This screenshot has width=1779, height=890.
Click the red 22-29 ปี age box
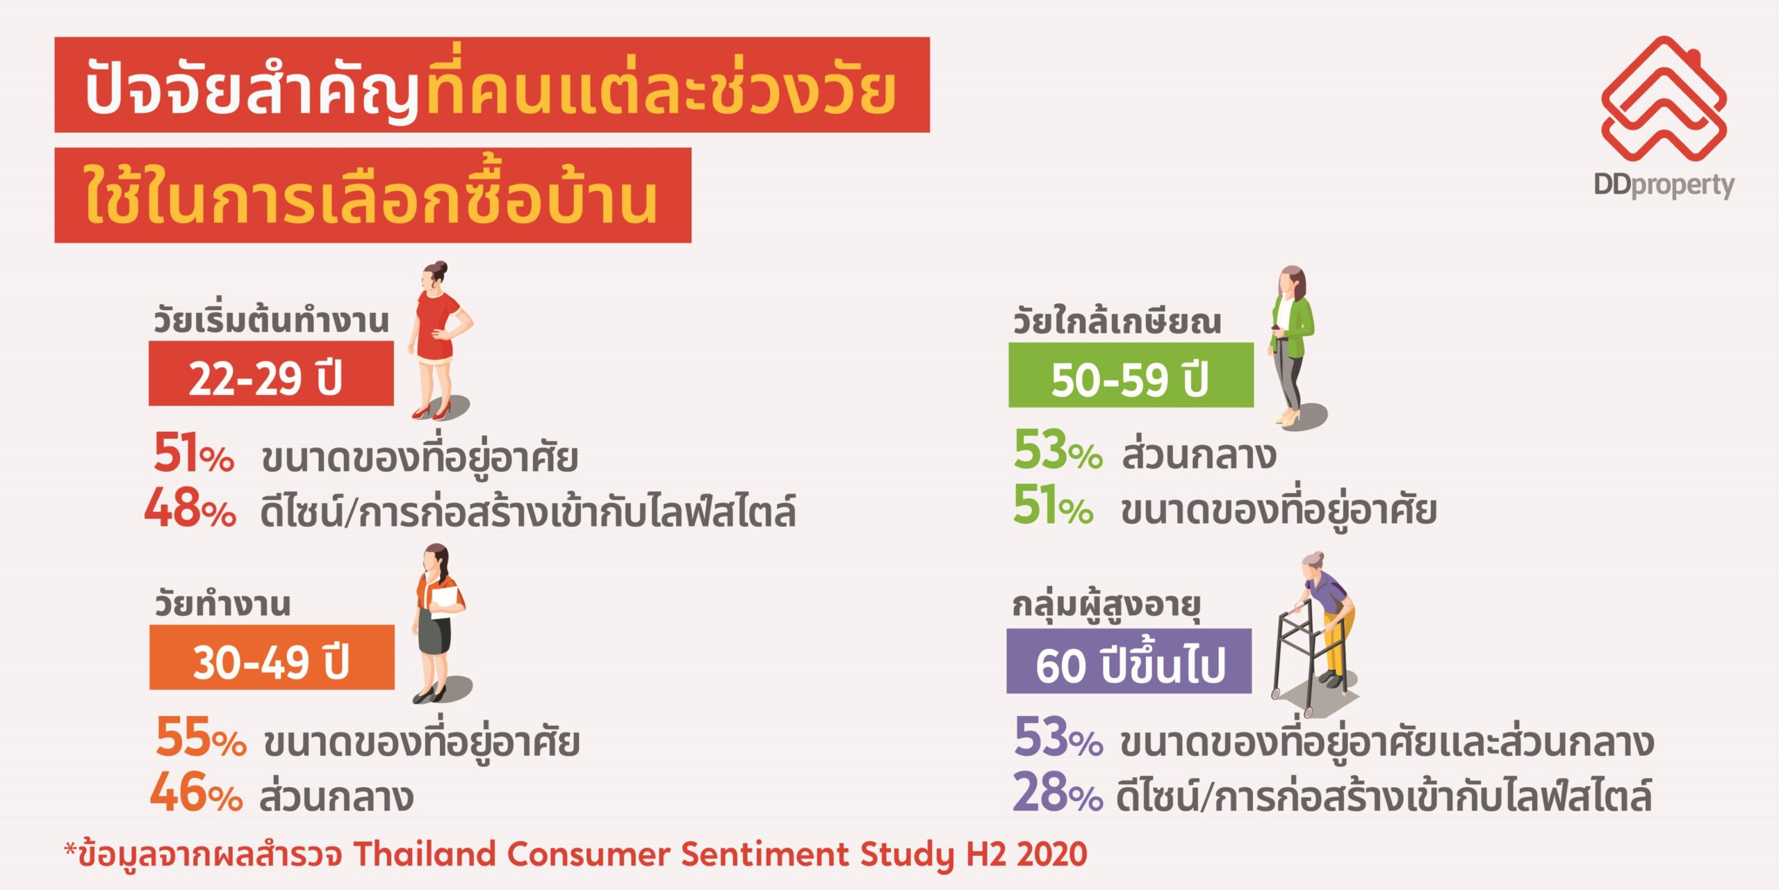271,373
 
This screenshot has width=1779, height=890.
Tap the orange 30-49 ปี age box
272,657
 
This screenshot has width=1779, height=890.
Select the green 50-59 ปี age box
1131,375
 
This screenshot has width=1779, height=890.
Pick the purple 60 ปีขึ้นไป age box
1129,661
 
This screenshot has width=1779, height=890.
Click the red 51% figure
194,453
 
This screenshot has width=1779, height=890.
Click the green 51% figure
1053,505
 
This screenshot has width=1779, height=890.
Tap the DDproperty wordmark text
1664,186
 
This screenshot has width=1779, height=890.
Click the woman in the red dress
439,341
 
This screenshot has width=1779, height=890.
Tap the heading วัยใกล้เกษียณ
1116,321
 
